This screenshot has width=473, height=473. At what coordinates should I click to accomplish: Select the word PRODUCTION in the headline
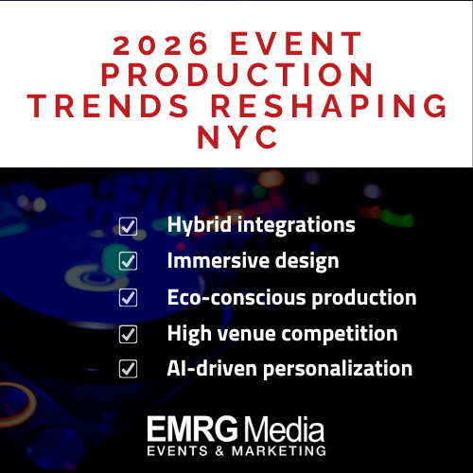click(x=236, y=76)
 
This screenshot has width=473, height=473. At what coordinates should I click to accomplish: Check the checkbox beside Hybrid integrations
click(x=128, y=226)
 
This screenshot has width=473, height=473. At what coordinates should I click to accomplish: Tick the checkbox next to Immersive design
click(x=128, y=262)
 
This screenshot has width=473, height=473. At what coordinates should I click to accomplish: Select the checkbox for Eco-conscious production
click(x=128, y=298)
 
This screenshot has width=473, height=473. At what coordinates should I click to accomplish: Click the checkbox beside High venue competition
click(x=128, y=334)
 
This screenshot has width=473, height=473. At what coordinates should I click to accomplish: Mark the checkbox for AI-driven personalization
click(x=128, y=369)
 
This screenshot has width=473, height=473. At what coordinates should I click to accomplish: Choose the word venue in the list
click(x=250, y=334)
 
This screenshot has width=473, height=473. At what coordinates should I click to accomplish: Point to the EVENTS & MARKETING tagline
click(x=236, y=452)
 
